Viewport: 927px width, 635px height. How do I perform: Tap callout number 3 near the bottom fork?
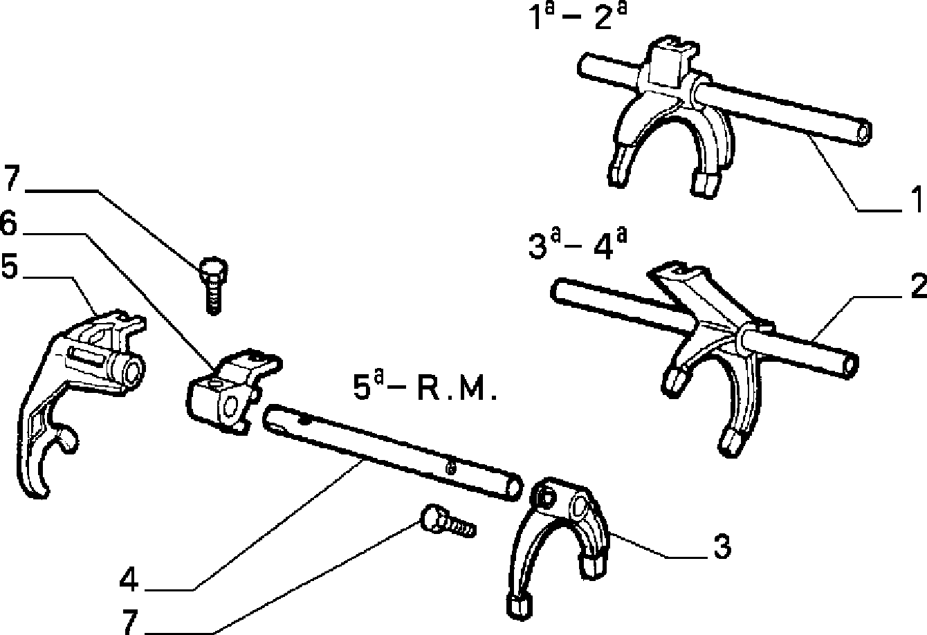tap(722, 546)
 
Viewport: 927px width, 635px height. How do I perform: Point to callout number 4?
tap(129, 579)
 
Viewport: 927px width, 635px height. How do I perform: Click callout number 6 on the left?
tap(9, 223)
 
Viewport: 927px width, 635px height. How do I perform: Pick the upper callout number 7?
tap(12, 178)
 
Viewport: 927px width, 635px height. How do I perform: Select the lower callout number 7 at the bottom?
tap(130, 622)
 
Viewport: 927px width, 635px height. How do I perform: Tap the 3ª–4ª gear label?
tap(578, 246)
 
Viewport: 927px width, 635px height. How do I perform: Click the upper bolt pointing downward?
tap(213, 286)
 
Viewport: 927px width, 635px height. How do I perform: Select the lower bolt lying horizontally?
tap(448, 522)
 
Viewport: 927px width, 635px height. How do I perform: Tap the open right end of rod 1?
tap(863, 133)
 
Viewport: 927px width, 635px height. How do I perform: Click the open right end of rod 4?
tap(515, 488)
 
